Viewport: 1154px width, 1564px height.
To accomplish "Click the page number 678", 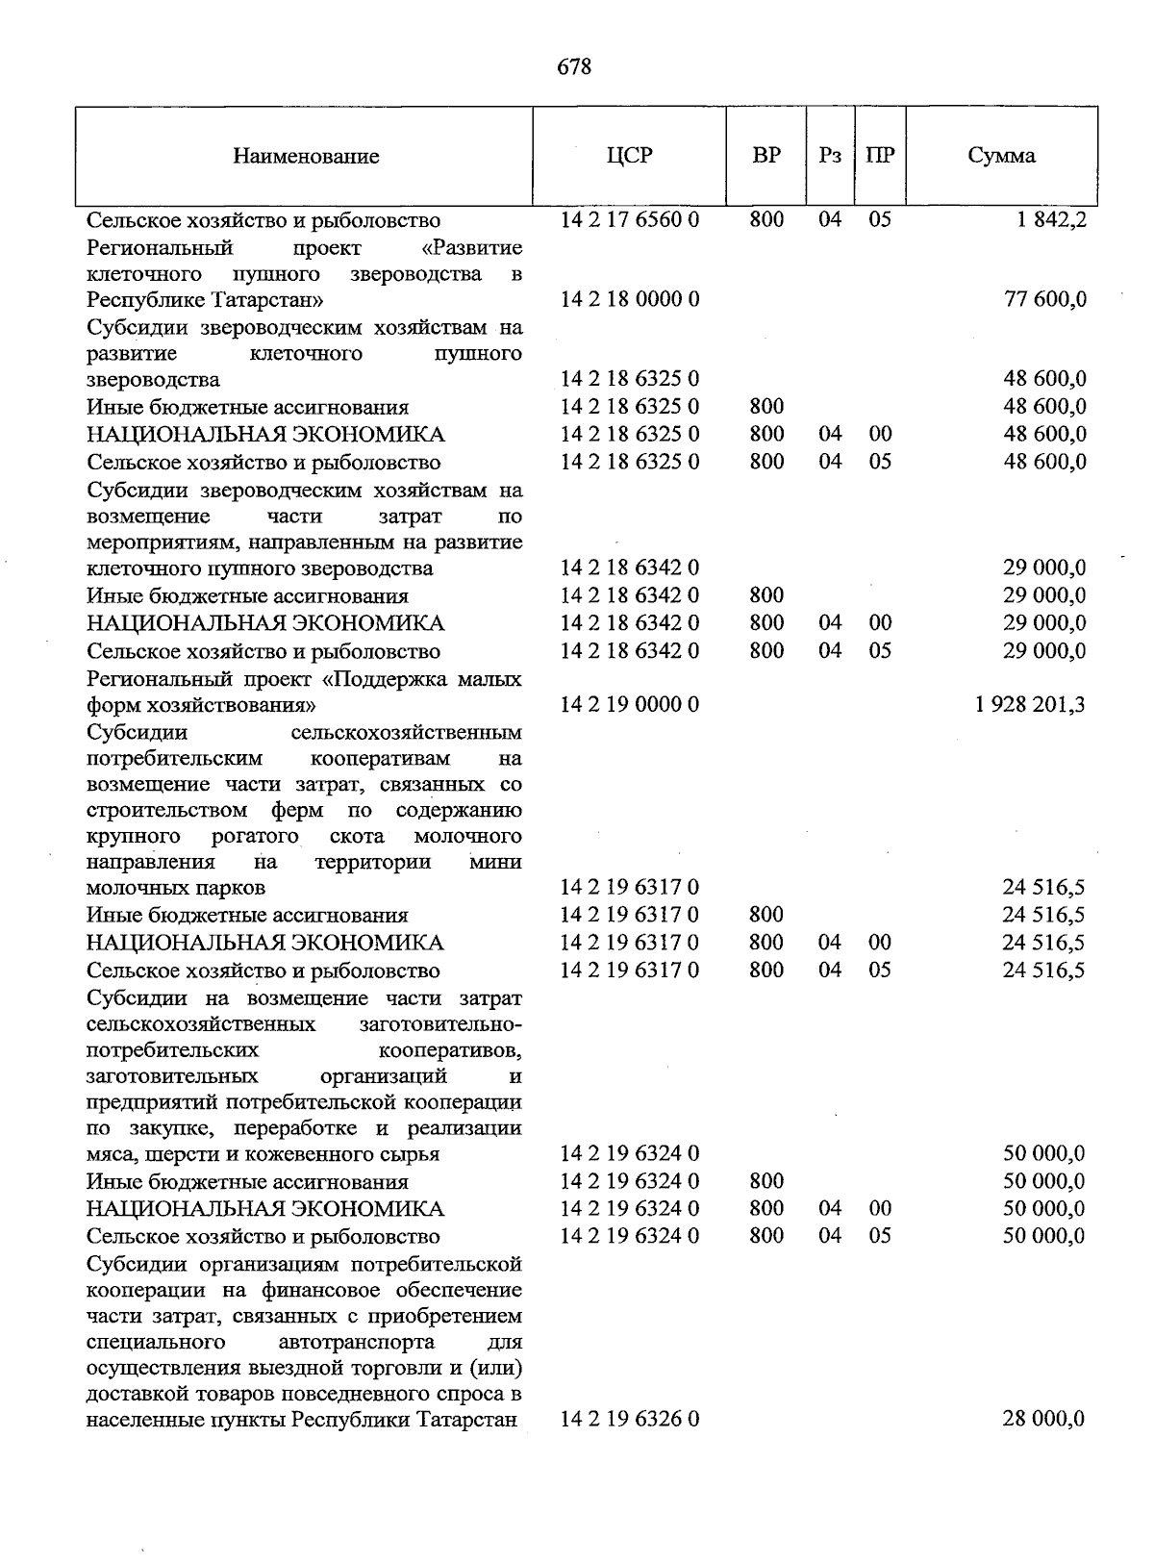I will point(574,66).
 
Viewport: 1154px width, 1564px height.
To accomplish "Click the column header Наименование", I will point(306,156).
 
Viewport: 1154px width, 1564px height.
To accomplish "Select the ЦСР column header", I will point(629,155).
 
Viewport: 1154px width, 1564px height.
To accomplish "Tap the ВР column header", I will point(766,155).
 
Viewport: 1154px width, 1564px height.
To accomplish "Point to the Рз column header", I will point(830,156).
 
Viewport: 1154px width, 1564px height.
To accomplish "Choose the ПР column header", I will point(880,156).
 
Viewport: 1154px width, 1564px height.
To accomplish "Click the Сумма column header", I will point(1002,156).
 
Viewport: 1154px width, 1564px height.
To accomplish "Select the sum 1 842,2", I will point(1049,220).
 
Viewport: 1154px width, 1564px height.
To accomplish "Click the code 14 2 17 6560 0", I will point(630,219).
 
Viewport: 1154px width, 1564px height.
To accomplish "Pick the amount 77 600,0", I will point(1045,299).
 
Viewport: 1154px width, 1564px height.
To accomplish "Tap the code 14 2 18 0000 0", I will point(630,299).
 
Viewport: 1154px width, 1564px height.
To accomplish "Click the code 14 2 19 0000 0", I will point(630,705).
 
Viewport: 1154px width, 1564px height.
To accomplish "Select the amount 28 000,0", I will point(1044,1419).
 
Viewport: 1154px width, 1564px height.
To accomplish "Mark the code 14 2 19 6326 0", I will point(630,1419).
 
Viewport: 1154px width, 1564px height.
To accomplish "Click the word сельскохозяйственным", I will point(406,733).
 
